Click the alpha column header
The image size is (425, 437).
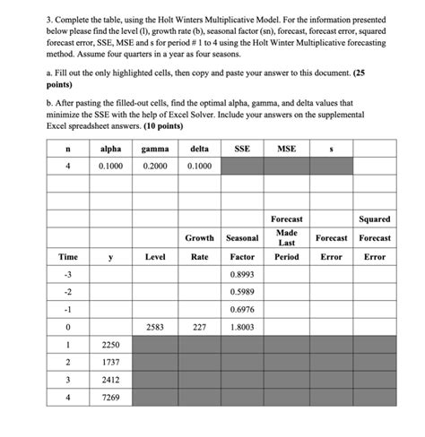[x=111, y=148]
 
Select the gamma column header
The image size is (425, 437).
[x=155, y=148]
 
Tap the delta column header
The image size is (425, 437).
[x=199, y=148]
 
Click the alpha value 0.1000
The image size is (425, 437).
[x=111, y=166]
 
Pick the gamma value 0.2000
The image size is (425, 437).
[x=155, y=166]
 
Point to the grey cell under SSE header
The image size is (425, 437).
[x=242, y=166]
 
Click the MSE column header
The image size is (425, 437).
[x=287, y=148]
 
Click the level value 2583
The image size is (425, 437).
[x=155, y=327]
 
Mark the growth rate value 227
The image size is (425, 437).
[x=199, y=327]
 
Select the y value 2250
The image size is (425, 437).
[x=111, y=345]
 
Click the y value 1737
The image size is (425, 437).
[x=111, y=362]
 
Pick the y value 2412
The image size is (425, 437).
[x=111, y=380]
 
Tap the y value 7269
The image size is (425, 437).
[x=111, y=398]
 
